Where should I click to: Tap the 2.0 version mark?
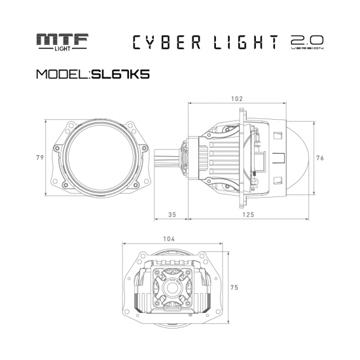pyautogui.click(x=306, y=43)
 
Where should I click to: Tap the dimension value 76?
pyautogui.click(x=320, y=157)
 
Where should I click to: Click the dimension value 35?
pyautogui.click(x=172, y=214)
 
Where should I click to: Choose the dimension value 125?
pyautogui.click(x=247, y=214)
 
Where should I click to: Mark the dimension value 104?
pyautogui.click(x=170, y=239)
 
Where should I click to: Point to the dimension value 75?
pyautogui.click(x=234, y=287)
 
